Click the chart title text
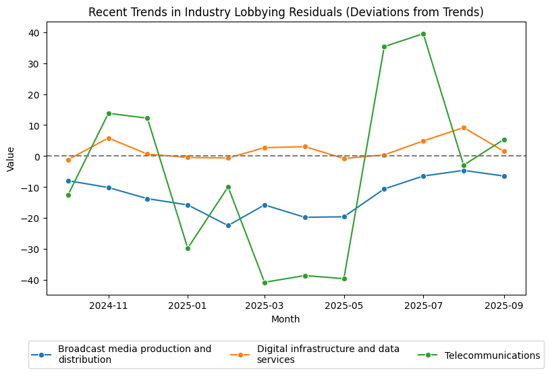[286, 12]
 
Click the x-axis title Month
[285, 319]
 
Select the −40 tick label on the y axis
[31, 280]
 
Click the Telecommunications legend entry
[492, 355]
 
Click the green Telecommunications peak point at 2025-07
[423, 34]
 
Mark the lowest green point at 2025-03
[265, 283]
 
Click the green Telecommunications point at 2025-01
[188, 248]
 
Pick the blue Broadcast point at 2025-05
[344, 217]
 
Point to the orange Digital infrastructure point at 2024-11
[109, 138]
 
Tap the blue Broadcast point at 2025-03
[265, 205]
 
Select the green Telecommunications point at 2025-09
[504, 140]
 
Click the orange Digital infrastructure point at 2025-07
[423, 141]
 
